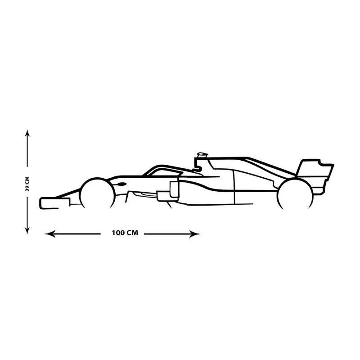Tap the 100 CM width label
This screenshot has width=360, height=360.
[125, 233]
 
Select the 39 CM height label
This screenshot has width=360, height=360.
[27, 184]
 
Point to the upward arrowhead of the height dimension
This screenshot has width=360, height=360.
[27, 133]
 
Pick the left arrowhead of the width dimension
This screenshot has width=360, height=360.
[49, 234]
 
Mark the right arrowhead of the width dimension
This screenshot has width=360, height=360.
[194, 234]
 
